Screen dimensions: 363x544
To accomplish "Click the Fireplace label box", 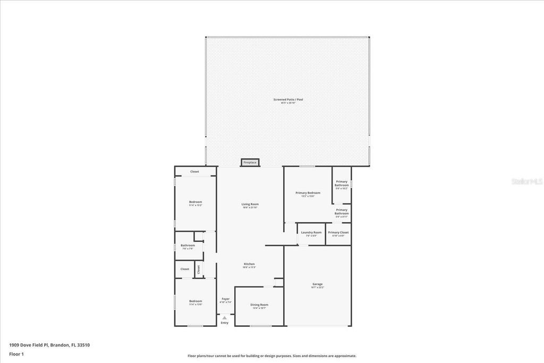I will (x=250, y=162).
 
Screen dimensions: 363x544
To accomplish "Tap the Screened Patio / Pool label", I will (x=288, y=100).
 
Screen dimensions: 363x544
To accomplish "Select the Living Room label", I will (x=250, y=204).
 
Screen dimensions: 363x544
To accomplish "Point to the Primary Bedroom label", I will (x=308, y=193).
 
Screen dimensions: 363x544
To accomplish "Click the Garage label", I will (x=317, y=284).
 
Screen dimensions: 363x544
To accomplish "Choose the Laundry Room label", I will (x=311, y=232).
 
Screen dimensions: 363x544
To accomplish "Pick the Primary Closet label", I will (x=338, y=232).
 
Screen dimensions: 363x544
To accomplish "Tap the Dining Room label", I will (x=259, y=305).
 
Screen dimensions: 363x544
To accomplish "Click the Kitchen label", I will (x=249, y=264).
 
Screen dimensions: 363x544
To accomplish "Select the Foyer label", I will (x=226, y=299).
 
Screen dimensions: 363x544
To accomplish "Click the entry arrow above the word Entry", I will (x=225, y=318).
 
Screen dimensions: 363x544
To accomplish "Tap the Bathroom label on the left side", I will (x=188, y=246).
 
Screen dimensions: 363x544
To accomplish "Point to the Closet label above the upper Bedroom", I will (x=195, y=172).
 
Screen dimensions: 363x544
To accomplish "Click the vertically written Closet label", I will (x=199, y=269).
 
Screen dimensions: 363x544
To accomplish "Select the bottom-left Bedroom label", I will (x=195, y=301).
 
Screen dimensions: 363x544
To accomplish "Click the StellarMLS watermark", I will (x=527, y=181).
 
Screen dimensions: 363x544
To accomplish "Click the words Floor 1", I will (x=17, y=353).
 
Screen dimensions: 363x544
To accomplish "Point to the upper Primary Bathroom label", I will (x=342, y=183).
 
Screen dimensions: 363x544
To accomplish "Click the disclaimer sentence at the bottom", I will (x=271, y=356).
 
